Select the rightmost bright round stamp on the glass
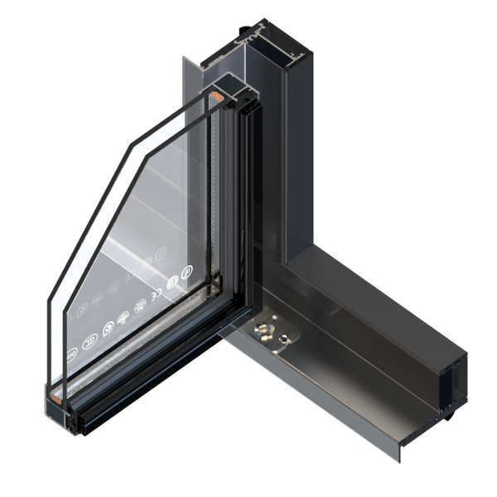click(186, 272)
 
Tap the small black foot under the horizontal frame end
click(448, 414)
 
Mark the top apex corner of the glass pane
click(206, 93)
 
